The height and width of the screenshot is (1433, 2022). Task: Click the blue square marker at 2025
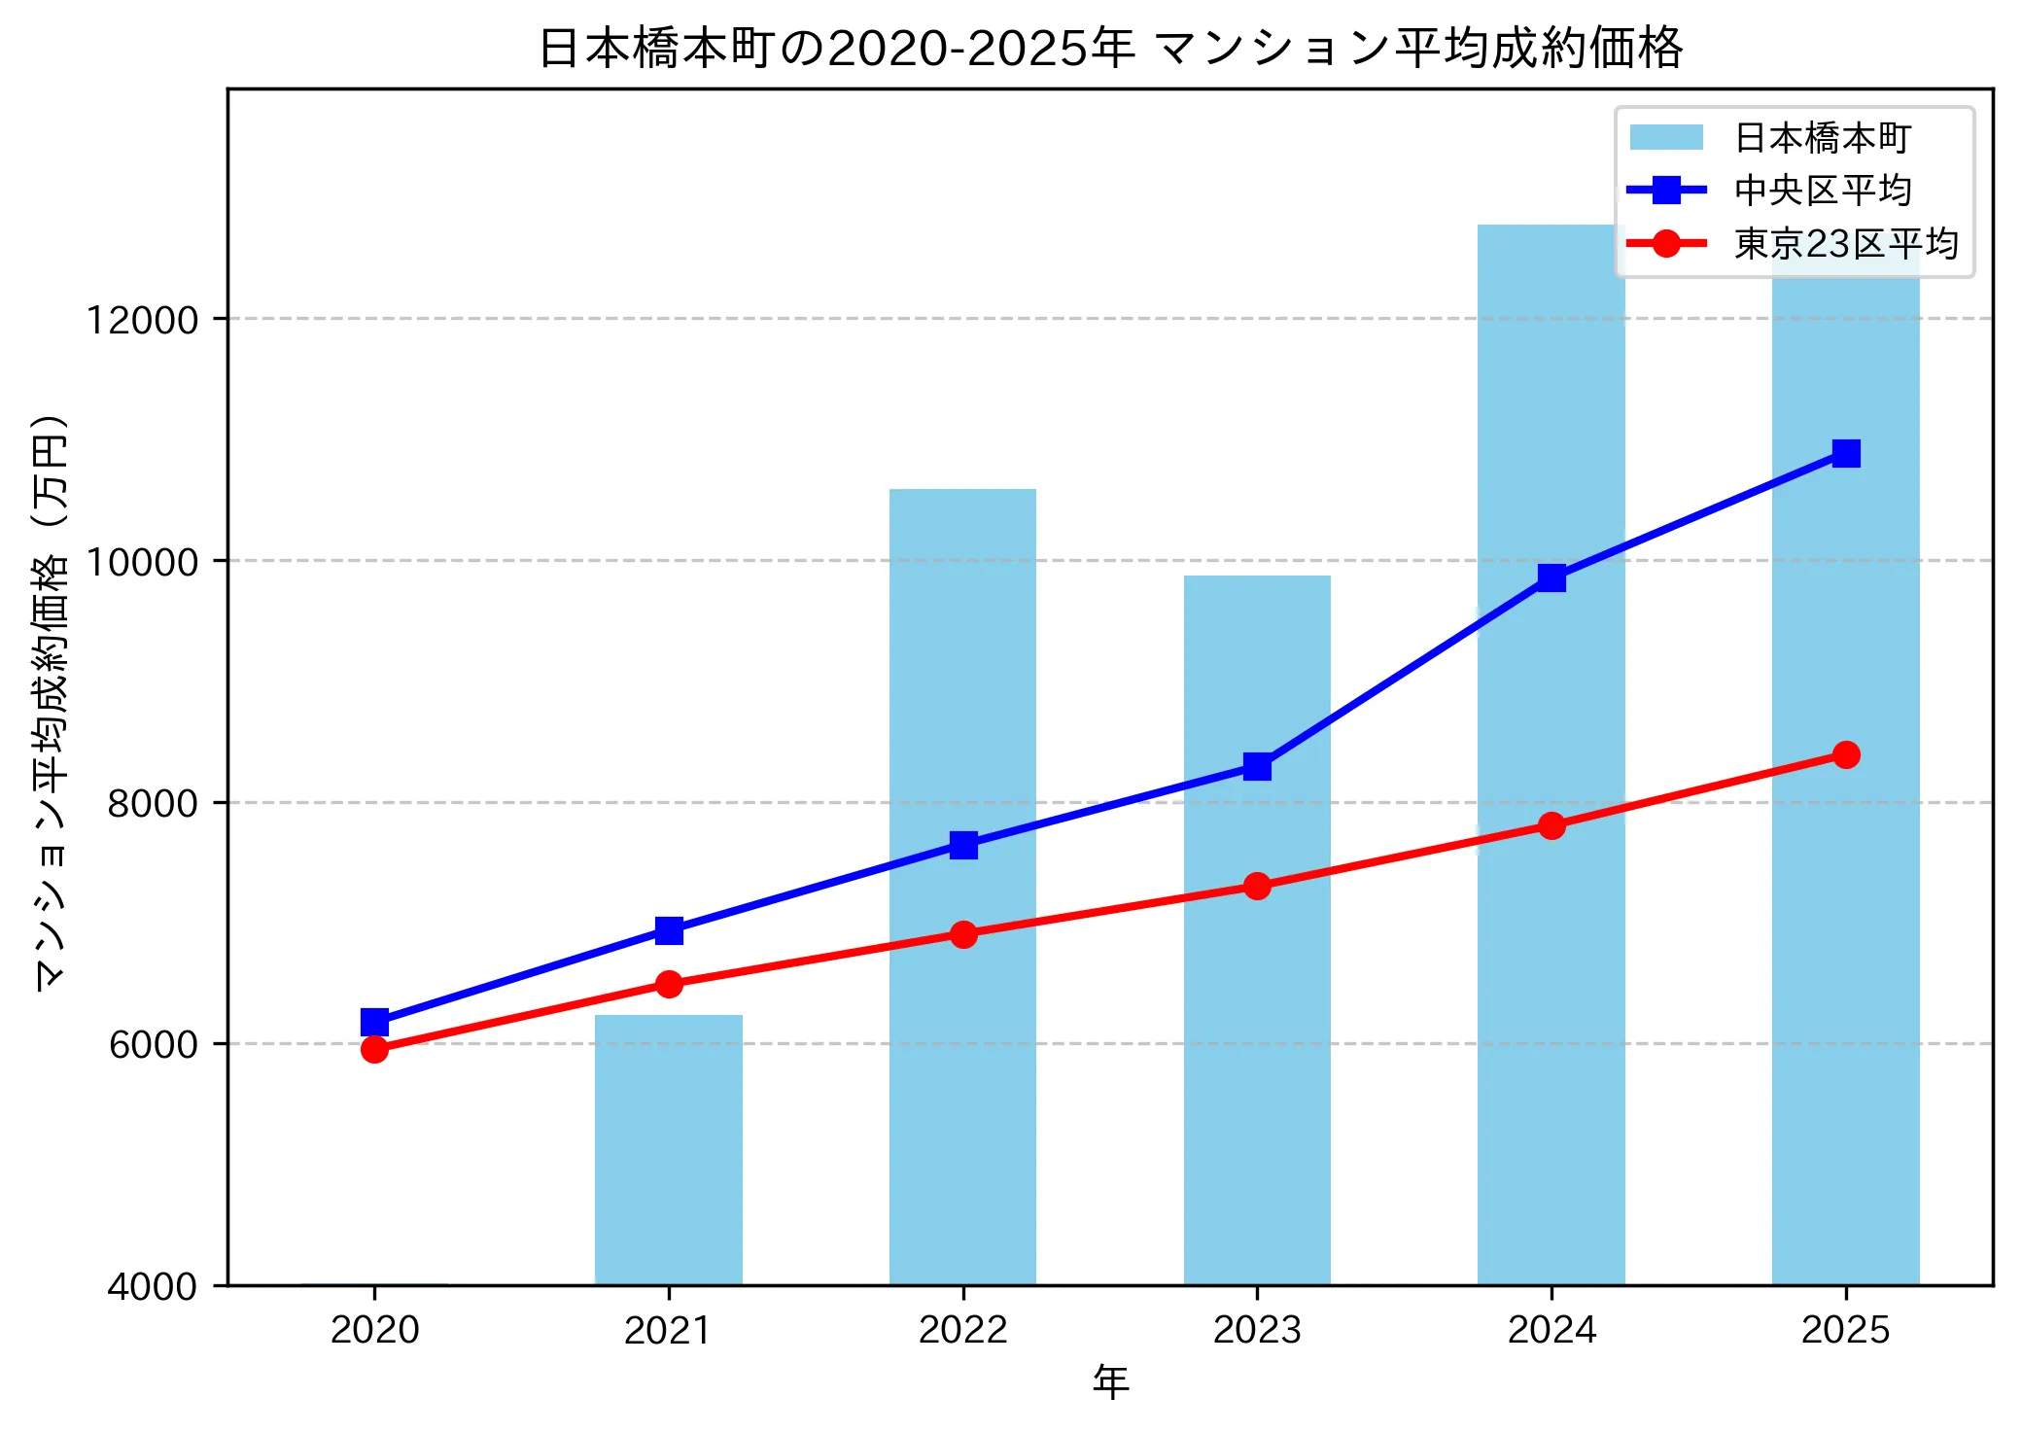(1846, 453)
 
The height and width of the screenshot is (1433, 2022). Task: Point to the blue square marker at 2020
(374, 1022)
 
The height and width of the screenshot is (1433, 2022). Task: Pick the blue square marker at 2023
(1257, 766)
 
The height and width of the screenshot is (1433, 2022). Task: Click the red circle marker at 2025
(1846, 754)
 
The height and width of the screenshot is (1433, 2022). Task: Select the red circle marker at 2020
(374, 1049)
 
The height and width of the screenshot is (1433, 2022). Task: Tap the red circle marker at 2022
(963, 934)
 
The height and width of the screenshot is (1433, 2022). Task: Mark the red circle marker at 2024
(1551, 825)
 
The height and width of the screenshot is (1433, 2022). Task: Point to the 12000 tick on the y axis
(142, 320)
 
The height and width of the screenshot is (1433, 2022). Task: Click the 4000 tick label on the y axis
(152, 1286)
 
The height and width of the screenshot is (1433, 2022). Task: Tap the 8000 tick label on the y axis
(152, 803)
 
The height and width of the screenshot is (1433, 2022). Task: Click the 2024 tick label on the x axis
(1551, 1329)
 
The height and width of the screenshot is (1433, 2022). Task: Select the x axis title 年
(1110, 1381)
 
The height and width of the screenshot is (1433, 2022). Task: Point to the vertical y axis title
(51, 702)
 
